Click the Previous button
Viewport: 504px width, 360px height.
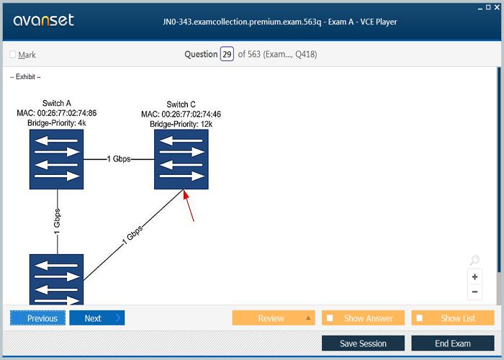pos(38,318)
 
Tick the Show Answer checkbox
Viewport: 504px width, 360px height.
pos(330,318)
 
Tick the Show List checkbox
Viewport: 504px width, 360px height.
pos(420,318)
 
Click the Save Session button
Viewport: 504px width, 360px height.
pos(363,343)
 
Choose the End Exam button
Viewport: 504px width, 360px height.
pos(452,343)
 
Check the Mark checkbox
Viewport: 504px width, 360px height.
pos(13,55)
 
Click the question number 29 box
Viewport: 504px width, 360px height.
pos(227,54)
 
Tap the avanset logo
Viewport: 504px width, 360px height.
pos(43,20)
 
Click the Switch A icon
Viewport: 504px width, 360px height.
pos(57,159)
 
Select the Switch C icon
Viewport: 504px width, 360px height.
pos(181,159)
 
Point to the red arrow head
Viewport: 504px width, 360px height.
pos(185,193)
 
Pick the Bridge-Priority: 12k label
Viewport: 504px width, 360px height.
pos(181,125)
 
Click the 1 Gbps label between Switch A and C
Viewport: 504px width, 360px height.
pos(119,158)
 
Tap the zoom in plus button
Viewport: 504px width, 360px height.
pos(474,277)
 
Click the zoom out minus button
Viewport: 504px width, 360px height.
pos(474,292)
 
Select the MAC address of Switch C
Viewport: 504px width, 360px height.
pos(181,114)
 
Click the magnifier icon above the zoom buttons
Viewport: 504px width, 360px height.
pos(474,261)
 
